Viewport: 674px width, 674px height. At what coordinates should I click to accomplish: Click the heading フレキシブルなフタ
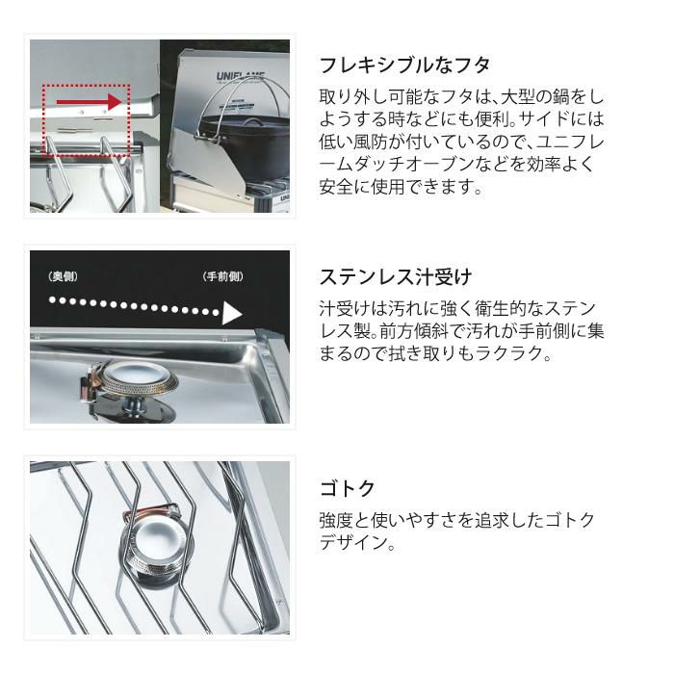click(x=404, y=65)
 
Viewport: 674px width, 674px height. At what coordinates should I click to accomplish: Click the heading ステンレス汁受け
click(x=395, y=277)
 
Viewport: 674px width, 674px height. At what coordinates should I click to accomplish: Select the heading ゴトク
click(x=348, y=488)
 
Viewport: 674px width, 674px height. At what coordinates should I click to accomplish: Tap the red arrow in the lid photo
click(x=91, y=100)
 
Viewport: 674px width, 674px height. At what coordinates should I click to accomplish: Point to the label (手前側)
click(x=223, y=277)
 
